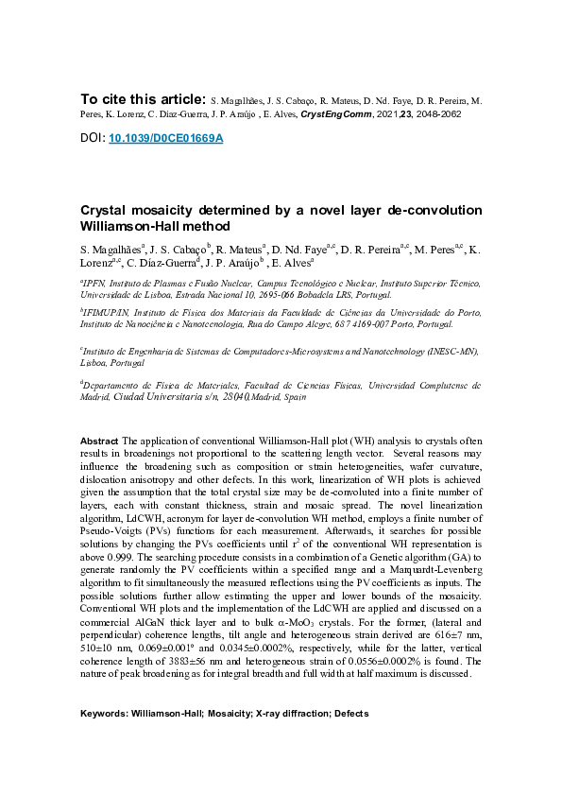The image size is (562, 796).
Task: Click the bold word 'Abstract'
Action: tap(99, 441)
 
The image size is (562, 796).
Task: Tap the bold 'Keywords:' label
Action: tap(104, 713)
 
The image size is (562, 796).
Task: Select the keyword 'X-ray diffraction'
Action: tap(290, 713)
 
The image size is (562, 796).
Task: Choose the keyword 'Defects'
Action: tap(349, 713)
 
